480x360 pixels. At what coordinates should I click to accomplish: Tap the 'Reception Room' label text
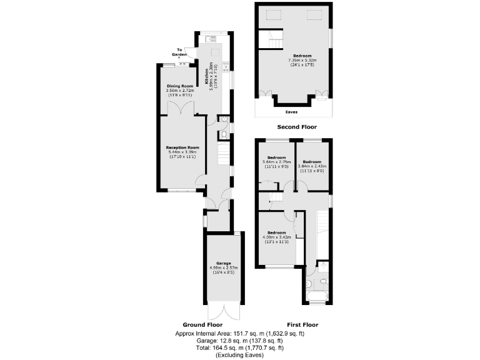tap(182, 147)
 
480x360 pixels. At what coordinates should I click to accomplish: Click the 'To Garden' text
tap(179, 51)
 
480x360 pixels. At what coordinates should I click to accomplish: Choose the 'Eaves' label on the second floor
tap(291, 112)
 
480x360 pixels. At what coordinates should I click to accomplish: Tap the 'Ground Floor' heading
tap(203, 325)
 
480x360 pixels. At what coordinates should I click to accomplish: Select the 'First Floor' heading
tap(302, 325)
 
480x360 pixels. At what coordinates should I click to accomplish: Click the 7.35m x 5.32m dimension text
tap(302, 60)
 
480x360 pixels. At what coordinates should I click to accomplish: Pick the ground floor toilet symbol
tap(223, 135)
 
